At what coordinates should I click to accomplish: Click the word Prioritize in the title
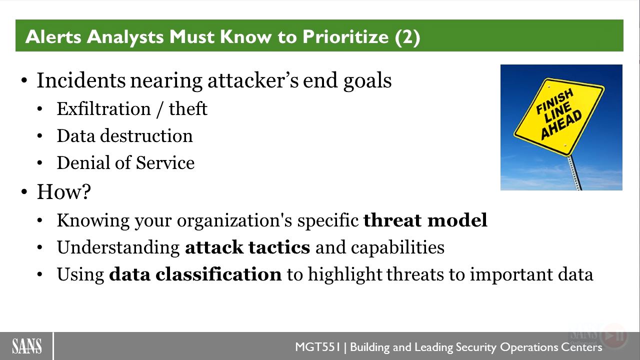(345, 37)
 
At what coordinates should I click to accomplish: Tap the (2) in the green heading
(407, 37)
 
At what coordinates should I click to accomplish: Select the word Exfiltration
(103, 109)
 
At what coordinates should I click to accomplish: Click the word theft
(188, 109)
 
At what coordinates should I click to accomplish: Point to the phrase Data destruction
(125, 135)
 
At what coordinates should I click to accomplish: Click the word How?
(64, 191)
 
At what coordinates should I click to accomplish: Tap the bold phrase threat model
(425, 220)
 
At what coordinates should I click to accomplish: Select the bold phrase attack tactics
(247, 247)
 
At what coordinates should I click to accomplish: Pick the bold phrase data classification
(195, 274)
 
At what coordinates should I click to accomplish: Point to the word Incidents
(81, 80)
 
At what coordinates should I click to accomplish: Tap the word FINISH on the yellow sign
(554, 101)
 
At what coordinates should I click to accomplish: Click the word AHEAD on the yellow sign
(561, 125)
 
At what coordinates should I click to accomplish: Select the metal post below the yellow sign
(574, 173)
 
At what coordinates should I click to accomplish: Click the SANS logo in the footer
(27, 346)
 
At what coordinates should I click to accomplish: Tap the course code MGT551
(317, 347)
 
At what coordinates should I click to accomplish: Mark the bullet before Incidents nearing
(24, 80)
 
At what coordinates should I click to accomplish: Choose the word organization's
(234, 221)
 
